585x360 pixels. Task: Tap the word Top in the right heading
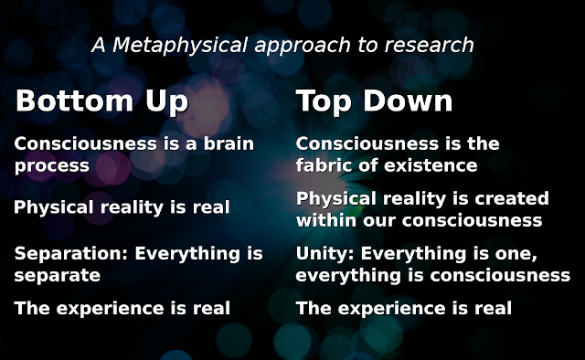[326, 101]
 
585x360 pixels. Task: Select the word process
[52, 165]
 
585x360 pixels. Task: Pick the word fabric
[327, 165]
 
